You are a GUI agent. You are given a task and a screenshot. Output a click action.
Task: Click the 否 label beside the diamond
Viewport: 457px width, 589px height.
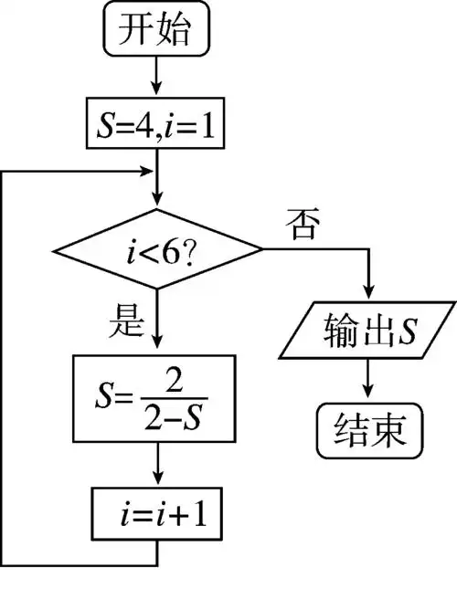point(302,222)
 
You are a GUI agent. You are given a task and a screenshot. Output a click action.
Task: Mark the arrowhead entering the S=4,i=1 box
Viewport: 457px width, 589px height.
point(158,91)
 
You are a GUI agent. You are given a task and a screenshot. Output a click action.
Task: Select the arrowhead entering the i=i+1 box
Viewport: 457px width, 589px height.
point(158,484)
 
